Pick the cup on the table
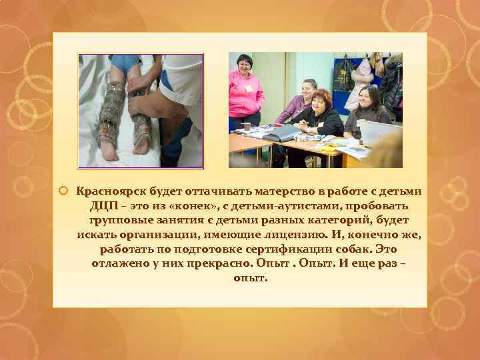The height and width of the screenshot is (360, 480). pyautogui.click(x=246, y=127)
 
